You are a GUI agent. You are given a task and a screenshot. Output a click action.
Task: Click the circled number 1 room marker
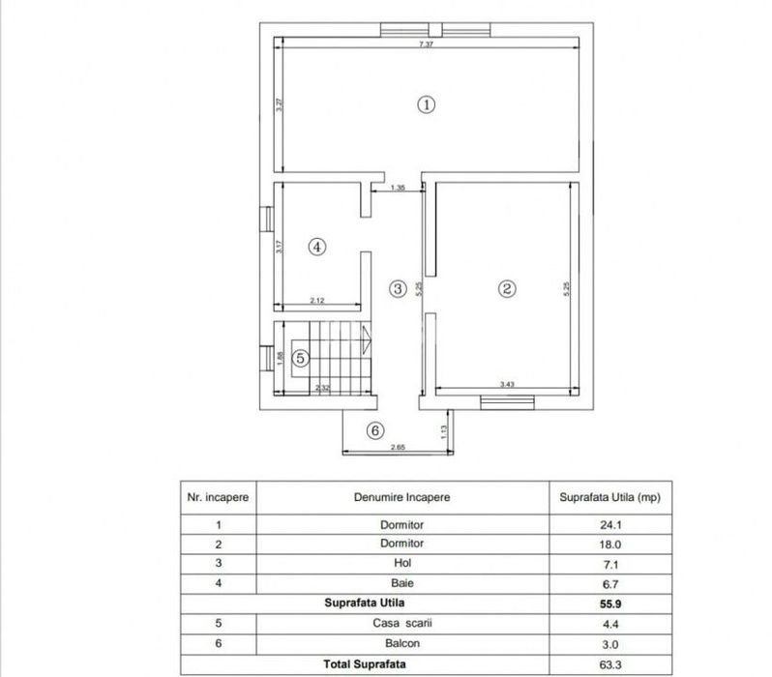[x=426, y=104]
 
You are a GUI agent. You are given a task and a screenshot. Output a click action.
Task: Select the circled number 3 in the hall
[x=398, y=287]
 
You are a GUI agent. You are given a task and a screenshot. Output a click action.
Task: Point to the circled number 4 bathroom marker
[x=316, y=247]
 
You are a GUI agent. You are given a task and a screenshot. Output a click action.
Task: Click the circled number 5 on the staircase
[x=301, y=358]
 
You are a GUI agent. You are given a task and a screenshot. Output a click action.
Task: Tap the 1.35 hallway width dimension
[x=398, y=188]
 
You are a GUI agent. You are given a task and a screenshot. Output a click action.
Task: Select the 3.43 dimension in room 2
[x=506, y=385]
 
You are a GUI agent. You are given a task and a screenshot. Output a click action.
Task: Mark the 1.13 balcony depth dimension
[x=443, y=429]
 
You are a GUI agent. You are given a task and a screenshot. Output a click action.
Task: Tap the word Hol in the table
[x=402, y=563]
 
